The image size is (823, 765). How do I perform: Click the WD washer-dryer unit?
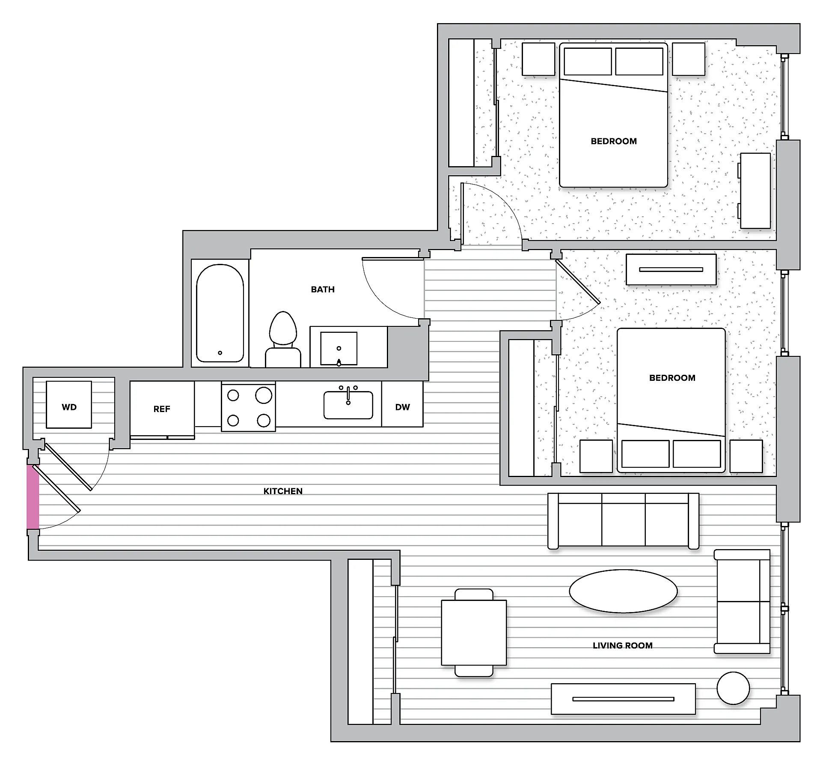pos(69,404)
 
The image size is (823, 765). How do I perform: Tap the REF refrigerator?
pos(162,409)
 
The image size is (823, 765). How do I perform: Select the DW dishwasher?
pos(402,404)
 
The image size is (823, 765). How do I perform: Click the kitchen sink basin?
pos(348,405)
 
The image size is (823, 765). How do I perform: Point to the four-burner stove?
pos(248,406)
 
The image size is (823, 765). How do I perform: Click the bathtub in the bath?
pos(220,313)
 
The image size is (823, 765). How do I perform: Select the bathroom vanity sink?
pos(339,348)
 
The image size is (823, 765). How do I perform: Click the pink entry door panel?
pos(33,497)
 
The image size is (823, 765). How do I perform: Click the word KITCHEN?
pos(283,491)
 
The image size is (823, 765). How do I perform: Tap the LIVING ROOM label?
pos(623,645)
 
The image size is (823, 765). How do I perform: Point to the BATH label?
pos(323,289)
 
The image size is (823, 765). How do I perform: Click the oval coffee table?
pos(623,591)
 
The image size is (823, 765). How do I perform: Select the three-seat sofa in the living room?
pos(624,521)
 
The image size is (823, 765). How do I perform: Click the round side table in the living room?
pos(733,688)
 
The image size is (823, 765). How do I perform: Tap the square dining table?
pos(474,633)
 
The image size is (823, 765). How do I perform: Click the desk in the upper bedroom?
pos(755,190)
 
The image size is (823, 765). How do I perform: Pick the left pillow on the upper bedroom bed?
pos(588,61)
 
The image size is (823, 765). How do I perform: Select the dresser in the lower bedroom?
pos(671,269)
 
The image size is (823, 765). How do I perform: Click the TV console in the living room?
pos(623,699)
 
